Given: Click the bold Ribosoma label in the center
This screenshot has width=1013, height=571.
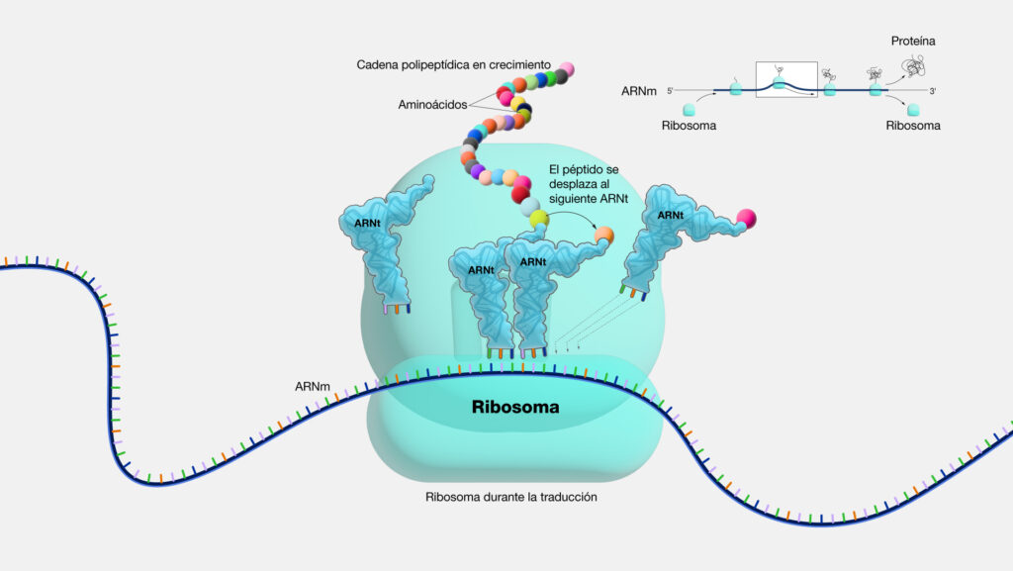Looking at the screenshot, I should coord(515,407).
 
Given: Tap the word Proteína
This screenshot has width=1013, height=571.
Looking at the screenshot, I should coord(911,42).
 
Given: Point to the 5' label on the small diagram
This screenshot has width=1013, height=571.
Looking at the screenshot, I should coord(670,91).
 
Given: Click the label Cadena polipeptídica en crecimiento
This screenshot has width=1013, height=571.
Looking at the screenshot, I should coord(453,65).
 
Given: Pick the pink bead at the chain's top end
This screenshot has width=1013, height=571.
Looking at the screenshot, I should coord(566,69).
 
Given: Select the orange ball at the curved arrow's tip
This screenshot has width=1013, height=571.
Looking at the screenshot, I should coord(603,236).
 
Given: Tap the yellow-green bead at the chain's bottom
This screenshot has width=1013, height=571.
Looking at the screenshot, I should coord(538,218).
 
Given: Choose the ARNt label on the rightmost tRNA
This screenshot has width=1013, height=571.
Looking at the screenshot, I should coord(671,215).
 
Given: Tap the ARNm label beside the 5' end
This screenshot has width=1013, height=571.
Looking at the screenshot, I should coord(636,91).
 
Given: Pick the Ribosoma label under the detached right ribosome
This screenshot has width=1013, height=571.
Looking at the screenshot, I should coord(912,127).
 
